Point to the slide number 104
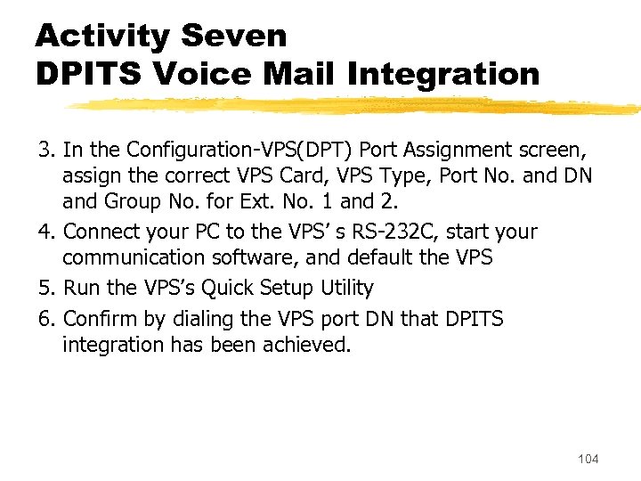pos(588,459)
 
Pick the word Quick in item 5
pos(232,288)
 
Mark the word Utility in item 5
pos(345,288)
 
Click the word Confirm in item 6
pos(98,319)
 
